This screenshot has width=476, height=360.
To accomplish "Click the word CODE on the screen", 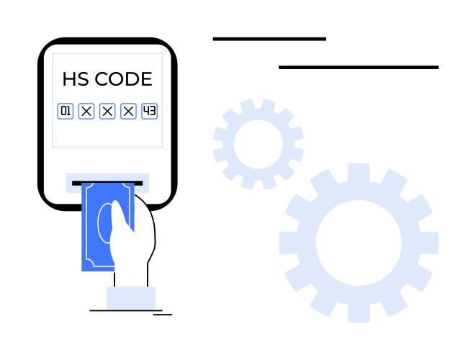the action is click(x=123, y=79).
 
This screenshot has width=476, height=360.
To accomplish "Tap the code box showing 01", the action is click(x=66, y=111).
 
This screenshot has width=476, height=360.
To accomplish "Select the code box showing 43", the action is click(x=149, y=111).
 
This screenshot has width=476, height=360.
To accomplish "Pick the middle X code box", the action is click(x=107, y=111).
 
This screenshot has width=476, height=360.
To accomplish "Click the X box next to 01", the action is click(x=86, y=111).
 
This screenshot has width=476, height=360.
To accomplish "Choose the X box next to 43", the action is click(x=128, y=111).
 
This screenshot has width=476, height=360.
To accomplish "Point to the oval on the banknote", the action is click(x=104, y=223).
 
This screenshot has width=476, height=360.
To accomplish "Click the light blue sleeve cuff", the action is click(x=131, y=298).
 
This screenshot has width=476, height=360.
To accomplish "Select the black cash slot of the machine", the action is click(x=107, y=183).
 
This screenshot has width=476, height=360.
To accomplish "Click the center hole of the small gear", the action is click(x=259, y=144).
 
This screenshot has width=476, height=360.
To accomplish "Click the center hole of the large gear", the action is click(x=359, y=243).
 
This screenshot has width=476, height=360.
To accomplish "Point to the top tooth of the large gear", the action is click(x=359, y=173).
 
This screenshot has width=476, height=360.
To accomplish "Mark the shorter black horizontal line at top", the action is click(x=269, y=39).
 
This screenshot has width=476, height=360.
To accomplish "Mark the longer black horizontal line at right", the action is click(x=359, y=68).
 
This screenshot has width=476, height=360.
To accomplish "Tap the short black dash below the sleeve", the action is click(x=163, y=315).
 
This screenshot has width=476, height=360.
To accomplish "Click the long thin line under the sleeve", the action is click(x=126, y=310).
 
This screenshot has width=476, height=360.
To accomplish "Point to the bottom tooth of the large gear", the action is click(x=359, y=312).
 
